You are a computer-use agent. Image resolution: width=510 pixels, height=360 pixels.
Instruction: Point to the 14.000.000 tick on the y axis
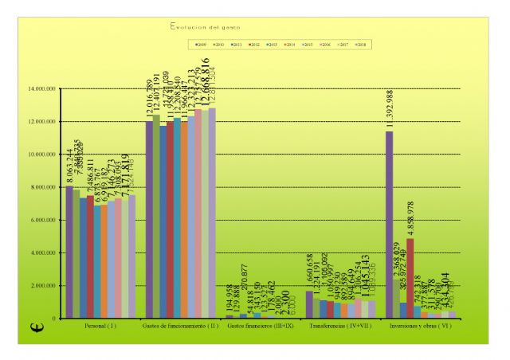[x=42, y=88]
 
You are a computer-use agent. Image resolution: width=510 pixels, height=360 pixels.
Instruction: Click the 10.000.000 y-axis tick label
[x=42, y=155]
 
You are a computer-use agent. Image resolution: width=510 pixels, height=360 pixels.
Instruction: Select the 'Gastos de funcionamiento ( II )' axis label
[x=181, y=327]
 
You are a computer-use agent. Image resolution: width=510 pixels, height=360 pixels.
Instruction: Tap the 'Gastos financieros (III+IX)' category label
[x=261, y=327]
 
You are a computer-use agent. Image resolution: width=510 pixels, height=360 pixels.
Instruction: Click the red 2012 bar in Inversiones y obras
[x=410, y=278]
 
